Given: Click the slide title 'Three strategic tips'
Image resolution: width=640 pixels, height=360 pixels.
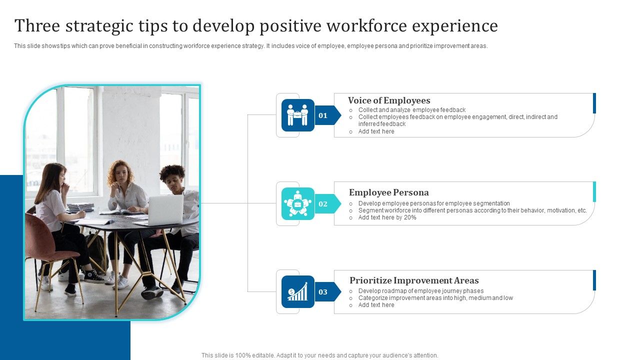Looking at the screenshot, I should (256, 26).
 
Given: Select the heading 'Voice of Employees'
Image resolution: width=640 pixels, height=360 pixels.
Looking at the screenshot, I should (389, 100).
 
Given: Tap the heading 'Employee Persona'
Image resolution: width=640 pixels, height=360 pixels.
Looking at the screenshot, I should (388, 192).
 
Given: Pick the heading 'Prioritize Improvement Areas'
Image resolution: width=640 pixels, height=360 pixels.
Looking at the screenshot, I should (414, 280).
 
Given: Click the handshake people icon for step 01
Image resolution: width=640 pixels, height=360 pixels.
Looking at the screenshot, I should (297, 115).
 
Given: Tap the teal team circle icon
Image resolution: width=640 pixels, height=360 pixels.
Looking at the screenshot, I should (297, 204).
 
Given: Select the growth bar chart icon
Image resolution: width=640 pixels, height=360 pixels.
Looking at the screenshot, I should (297, 292).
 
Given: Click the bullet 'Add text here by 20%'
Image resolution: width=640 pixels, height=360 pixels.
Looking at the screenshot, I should (387, 217).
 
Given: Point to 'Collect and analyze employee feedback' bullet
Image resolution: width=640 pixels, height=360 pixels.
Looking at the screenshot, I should (411, 110).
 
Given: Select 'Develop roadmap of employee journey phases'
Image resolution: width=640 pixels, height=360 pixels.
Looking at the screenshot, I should (420, 291).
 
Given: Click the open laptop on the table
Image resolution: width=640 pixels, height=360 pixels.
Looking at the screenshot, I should (165, 210).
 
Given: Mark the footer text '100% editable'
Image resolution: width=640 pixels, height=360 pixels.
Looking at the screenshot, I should (319, 355).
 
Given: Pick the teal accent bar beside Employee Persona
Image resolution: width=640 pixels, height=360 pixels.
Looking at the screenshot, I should (594, 192).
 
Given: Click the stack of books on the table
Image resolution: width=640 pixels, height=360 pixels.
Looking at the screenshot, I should (80, 207).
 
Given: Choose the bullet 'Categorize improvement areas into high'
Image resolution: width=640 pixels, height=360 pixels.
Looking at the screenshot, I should (435, 298).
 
